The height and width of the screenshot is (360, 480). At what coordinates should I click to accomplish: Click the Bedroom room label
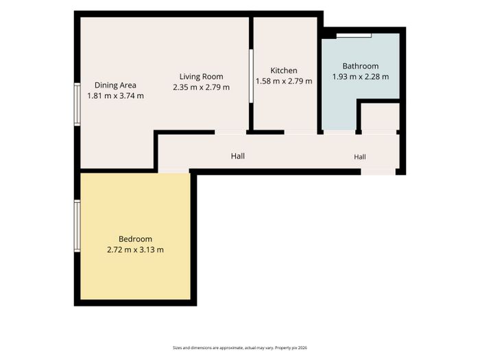135,239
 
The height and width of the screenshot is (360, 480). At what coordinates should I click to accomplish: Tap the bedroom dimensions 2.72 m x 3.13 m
135,250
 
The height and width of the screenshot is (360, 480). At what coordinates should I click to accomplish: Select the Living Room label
201,77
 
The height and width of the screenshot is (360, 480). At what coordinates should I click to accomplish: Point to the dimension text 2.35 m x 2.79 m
201,87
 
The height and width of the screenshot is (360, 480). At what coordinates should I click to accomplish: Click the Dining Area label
115,85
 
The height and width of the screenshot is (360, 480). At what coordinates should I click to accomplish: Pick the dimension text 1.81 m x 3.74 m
115,96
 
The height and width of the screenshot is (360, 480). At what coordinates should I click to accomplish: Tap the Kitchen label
284,71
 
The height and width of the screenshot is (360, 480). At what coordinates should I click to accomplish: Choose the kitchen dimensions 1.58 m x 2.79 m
284,81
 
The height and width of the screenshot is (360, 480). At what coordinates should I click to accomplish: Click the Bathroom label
360,66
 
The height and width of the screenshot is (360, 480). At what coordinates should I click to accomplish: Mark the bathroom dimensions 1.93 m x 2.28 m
360,77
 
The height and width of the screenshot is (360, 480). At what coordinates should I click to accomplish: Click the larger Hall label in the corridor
237,156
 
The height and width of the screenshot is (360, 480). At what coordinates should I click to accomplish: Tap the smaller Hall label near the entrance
360,157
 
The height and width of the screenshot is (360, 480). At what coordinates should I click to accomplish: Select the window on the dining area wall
77,104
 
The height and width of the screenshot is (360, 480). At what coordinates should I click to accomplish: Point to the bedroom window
77,226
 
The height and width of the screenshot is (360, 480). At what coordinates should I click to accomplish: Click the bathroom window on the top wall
354,36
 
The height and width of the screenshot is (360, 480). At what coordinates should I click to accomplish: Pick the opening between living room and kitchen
251,76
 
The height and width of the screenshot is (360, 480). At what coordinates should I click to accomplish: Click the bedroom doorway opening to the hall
173,171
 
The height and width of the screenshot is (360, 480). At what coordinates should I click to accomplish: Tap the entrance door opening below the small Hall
378,171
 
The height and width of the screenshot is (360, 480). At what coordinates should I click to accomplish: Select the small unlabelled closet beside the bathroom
380,117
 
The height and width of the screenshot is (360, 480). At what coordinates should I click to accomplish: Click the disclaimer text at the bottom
240,348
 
